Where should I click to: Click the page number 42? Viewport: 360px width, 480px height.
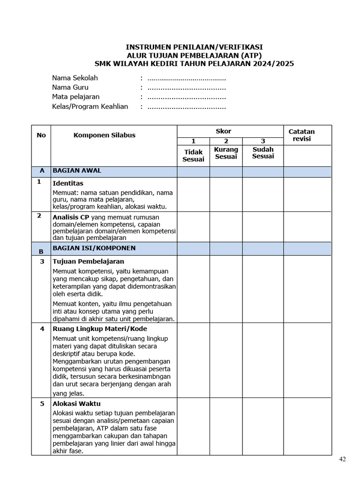coord(343,459)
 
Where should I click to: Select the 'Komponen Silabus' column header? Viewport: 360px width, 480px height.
coord(104,135)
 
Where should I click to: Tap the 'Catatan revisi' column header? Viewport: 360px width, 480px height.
coord(301,135)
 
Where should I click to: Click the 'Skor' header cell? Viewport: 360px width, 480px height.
coord(223,131)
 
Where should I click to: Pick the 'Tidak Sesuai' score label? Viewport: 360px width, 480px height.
coord(193,156)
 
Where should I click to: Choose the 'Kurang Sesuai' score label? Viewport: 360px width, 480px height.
coord(226,153)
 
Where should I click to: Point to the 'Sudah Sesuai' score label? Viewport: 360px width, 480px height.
coord(262,153)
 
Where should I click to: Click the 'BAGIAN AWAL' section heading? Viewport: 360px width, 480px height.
coord(77,171)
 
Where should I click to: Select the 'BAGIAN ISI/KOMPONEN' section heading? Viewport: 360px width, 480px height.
coord(94,247)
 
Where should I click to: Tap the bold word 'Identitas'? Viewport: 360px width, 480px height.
coord(68,183)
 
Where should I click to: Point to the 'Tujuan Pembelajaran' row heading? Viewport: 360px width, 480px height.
coord(89,261)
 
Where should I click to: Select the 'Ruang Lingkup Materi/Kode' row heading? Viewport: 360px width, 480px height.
coord(100,329)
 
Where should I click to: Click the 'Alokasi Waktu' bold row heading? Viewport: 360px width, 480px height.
coord(76,404)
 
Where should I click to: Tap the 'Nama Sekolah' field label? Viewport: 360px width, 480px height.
coord(75,78)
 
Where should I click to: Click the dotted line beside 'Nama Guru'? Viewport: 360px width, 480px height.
coord(187,88)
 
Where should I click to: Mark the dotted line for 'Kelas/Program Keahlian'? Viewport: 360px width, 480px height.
coord(187,107)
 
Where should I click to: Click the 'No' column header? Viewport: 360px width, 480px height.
coord(41,135)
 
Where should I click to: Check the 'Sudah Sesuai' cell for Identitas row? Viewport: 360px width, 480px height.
coord(262,195)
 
